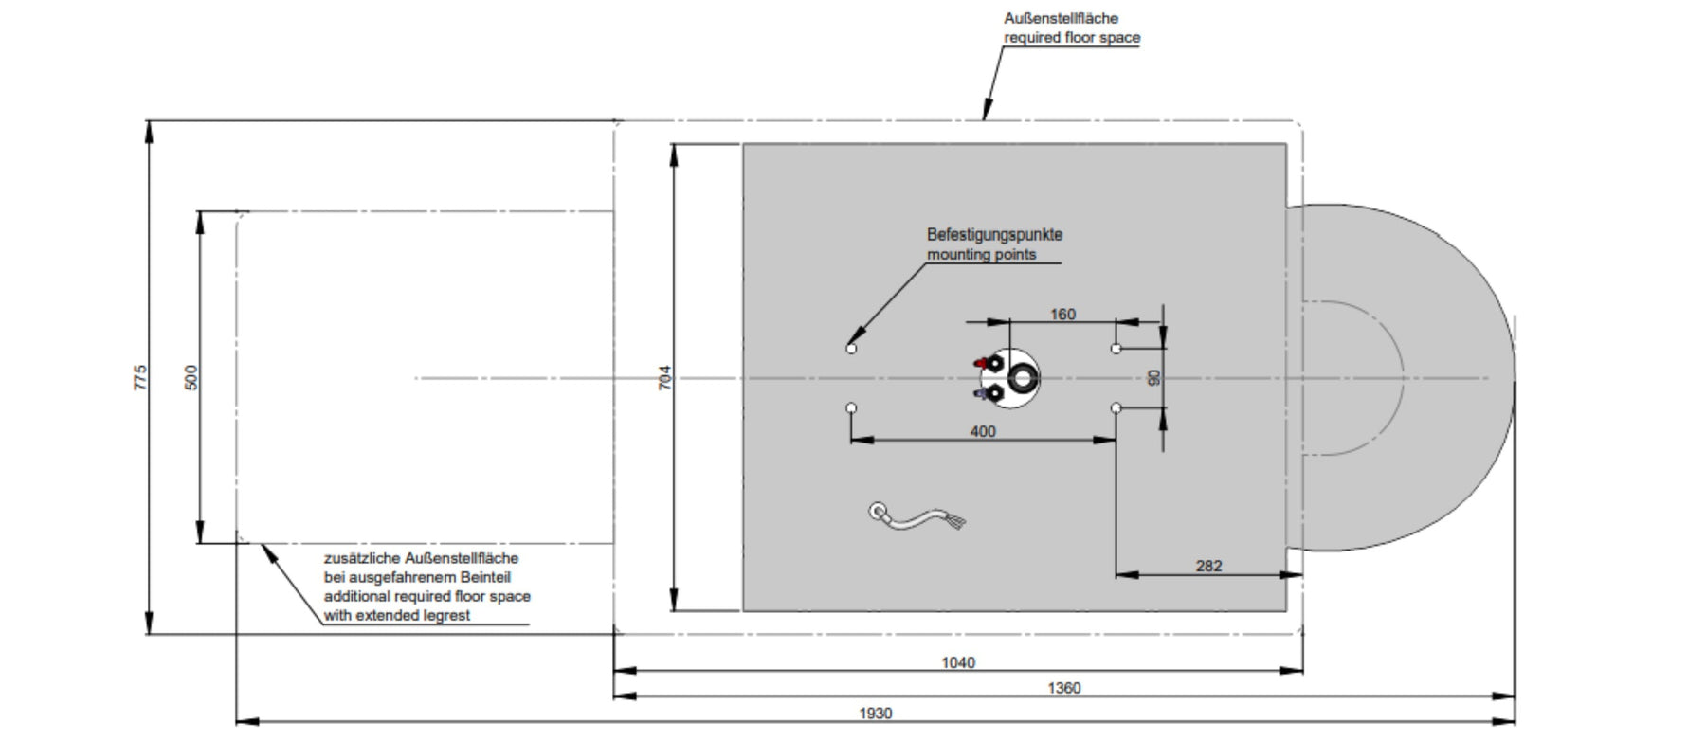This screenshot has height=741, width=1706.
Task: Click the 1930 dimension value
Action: point(875,714)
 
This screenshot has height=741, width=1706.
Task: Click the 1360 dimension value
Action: point(1064,688)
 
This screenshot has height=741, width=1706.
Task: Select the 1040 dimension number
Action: point(958,662)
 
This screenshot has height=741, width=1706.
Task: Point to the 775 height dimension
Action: point(141,377)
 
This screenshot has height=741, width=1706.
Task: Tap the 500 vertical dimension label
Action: point(191,377)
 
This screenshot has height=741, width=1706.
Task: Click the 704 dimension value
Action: point(664,377)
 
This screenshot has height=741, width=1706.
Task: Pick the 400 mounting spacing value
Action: point(983,431)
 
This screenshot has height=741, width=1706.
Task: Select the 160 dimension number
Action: point(1063,315)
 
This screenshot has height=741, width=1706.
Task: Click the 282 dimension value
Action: point(1209,566)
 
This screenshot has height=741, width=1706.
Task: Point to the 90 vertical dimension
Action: point(1153,377)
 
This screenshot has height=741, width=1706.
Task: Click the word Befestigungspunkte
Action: point(994,234)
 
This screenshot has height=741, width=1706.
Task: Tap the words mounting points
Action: point(982,254)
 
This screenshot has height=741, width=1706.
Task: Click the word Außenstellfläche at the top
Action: point(1062,18)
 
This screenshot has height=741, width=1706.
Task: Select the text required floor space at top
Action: point(1072,38)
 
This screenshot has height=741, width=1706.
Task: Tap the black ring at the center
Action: point(1024,378)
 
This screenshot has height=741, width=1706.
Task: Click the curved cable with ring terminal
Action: point(917,517)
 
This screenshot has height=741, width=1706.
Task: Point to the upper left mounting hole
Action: point(851,349)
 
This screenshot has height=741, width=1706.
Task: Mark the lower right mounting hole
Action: point(1116,408)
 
